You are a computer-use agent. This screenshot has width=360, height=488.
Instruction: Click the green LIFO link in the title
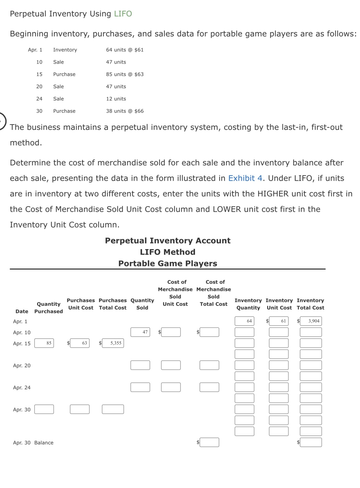point(123,14)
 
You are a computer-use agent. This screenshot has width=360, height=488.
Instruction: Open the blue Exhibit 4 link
point(245,178)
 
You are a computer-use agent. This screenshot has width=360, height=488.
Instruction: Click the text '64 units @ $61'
point(125,50)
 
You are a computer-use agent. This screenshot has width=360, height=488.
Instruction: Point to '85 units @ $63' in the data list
point(125,74)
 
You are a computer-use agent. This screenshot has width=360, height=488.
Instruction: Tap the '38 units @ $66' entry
point(125,111)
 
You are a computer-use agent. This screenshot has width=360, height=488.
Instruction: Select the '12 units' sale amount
point(116,99)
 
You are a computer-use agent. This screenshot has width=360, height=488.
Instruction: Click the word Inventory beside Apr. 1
point(65,50)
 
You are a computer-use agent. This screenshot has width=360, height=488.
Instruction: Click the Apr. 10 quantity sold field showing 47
point(140,332)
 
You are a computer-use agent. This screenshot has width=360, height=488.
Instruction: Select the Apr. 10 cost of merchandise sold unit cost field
point(171,332)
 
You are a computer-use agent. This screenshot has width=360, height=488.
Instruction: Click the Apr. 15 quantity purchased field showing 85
point(44,343)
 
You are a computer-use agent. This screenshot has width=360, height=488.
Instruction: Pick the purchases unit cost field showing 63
point(80,343)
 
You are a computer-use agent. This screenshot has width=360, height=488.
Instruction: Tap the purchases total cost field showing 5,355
point(113,343)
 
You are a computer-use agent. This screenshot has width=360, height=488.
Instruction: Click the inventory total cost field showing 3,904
point(310,321)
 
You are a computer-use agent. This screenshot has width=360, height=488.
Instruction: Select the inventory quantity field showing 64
point(244,321)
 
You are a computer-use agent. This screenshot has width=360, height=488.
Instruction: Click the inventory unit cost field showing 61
point(279,321)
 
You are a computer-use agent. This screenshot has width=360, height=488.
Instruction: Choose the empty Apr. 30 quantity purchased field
point(44,409)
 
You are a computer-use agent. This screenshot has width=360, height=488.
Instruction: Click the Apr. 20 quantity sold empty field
point(140,365)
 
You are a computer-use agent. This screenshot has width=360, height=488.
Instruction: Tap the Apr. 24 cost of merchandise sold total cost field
point(209,387)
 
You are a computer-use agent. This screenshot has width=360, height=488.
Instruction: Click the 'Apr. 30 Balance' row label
point(33,443)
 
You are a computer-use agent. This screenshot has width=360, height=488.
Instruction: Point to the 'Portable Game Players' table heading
point(168,263)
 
